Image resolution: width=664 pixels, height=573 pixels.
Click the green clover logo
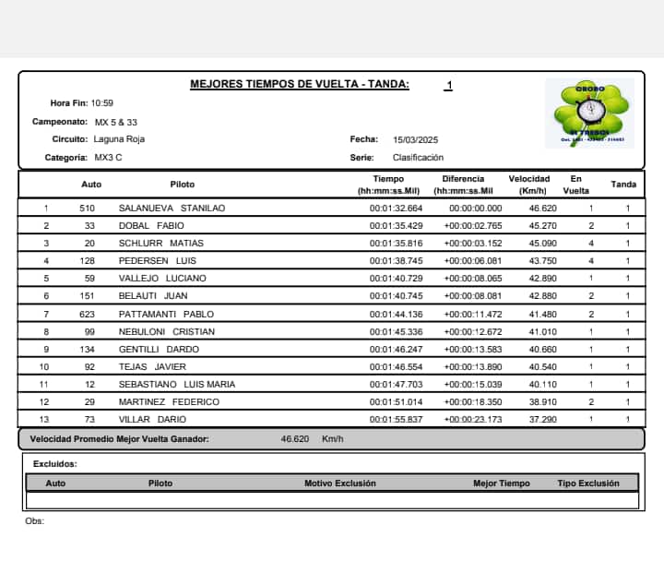pos(587,113)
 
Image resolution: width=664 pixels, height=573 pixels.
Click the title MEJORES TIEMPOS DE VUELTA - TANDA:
pos(300,84)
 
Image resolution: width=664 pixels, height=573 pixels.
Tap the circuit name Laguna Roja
pos(119,139)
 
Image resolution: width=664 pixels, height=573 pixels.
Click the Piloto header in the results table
pos(183,185)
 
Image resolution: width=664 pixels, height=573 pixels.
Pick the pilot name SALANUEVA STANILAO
pos(172,209)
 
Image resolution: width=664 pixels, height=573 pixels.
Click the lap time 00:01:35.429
pos(396,226)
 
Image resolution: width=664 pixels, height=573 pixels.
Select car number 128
pos(88,261)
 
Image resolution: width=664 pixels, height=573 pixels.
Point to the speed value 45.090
pos(542,244)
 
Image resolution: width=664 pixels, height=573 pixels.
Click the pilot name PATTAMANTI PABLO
pos(166,314)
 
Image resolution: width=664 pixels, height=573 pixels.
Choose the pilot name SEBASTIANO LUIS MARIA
pos(177,384)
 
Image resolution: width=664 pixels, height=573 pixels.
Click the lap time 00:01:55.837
pos(396,419)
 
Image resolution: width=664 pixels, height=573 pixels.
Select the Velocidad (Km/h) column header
pos(528,185)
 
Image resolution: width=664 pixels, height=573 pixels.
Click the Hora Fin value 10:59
pos(101,103)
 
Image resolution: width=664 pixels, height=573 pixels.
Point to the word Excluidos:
pos(54,464)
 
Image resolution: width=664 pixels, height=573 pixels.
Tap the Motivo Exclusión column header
pos(340,483)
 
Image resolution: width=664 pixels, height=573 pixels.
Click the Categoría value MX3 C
pos(108,158)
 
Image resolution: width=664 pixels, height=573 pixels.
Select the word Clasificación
pos(418,158)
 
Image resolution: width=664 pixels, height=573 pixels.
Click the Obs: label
pos(34,521)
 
